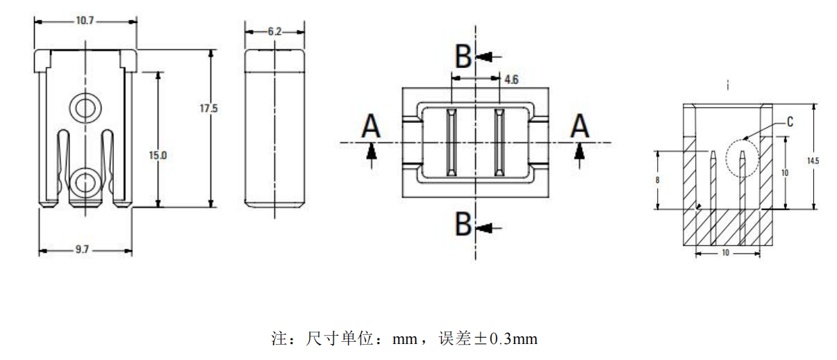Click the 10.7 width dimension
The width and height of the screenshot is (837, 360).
85,22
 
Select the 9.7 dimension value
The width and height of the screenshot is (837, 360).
82,249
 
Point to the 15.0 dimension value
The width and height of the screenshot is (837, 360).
158,155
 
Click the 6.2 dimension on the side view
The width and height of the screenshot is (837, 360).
274,32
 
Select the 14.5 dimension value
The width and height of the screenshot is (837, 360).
813,161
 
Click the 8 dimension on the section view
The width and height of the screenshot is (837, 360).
657,180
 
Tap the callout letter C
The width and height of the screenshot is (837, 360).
790,122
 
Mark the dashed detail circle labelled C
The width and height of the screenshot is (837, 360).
742,158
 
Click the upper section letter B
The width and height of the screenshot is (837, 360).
463,55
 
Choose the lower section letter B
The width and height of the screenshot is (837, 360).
463,224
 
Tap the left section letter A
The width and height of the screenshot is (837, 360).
371,127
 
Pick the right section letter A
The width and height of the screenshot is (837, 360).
579,127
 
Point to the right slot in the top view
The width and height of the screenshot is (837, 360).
498,142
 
